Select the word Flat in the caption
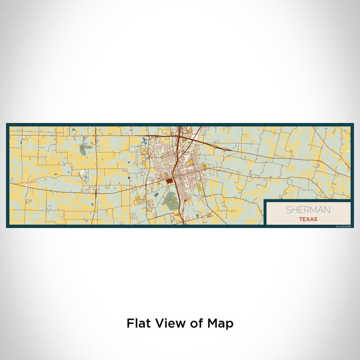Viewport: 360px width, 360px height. click(x=138, y=323)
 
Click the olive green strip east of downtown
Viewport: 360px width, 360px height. click(x=200, y=188)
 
